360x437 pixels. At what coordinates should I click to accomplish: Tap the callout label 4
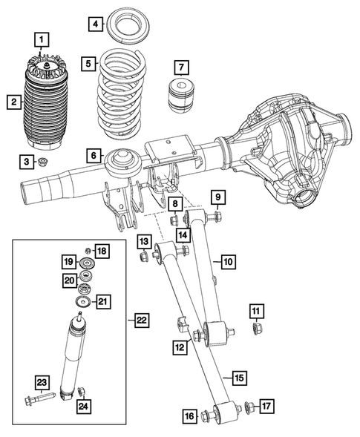[x=94, y=24]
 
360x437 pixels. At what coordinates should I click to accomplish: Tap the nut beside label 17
[x=249, y=406]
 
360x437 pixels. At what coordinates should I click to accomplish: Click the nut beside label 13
[x=143, y=258]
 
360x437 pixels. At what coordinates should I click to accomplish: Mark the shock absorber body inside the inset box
[x=71, y=356]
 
